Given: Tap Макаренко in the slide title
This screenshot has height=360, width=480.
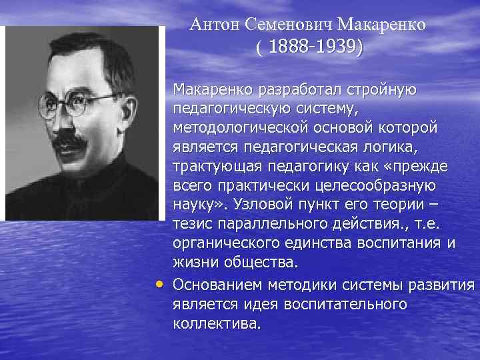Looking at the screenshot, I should pos(382,25).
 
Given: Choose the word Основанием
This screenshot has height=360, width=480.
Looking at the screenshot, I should pos(217,286).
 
